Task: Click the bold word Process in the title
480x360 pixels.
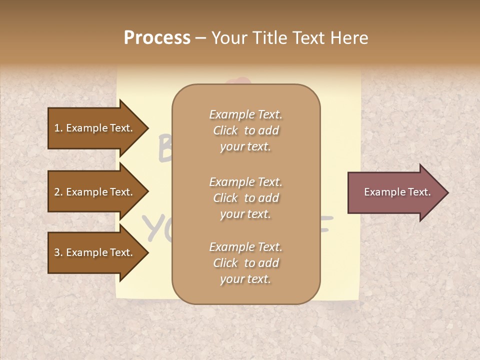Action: point(157,38)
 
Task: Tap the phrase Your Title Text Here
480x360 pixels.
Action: point(290,38)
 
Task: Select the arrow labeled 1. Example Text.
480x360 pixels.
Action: point(95,128)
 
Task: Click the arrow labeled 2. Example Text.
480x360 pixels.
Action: point(95,192)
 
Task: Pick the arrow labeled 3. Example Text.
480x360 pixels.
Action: point(95,252)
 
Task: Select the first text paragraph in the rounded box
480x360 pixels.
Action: point(245,130)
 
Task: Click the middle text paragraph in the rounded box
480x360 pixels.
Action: point(245,198)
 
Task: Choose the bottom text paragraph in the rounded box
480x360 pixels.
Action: point(245,263)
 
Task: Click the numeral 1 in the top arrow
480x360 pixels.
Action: point(56,128)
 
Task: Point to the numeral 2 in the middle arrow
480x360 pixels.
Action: point(56,192)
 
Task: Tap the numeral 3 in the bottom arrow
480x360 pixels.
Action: point(56,253)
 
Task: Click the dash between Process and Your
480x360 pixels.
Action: point(200,38)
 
